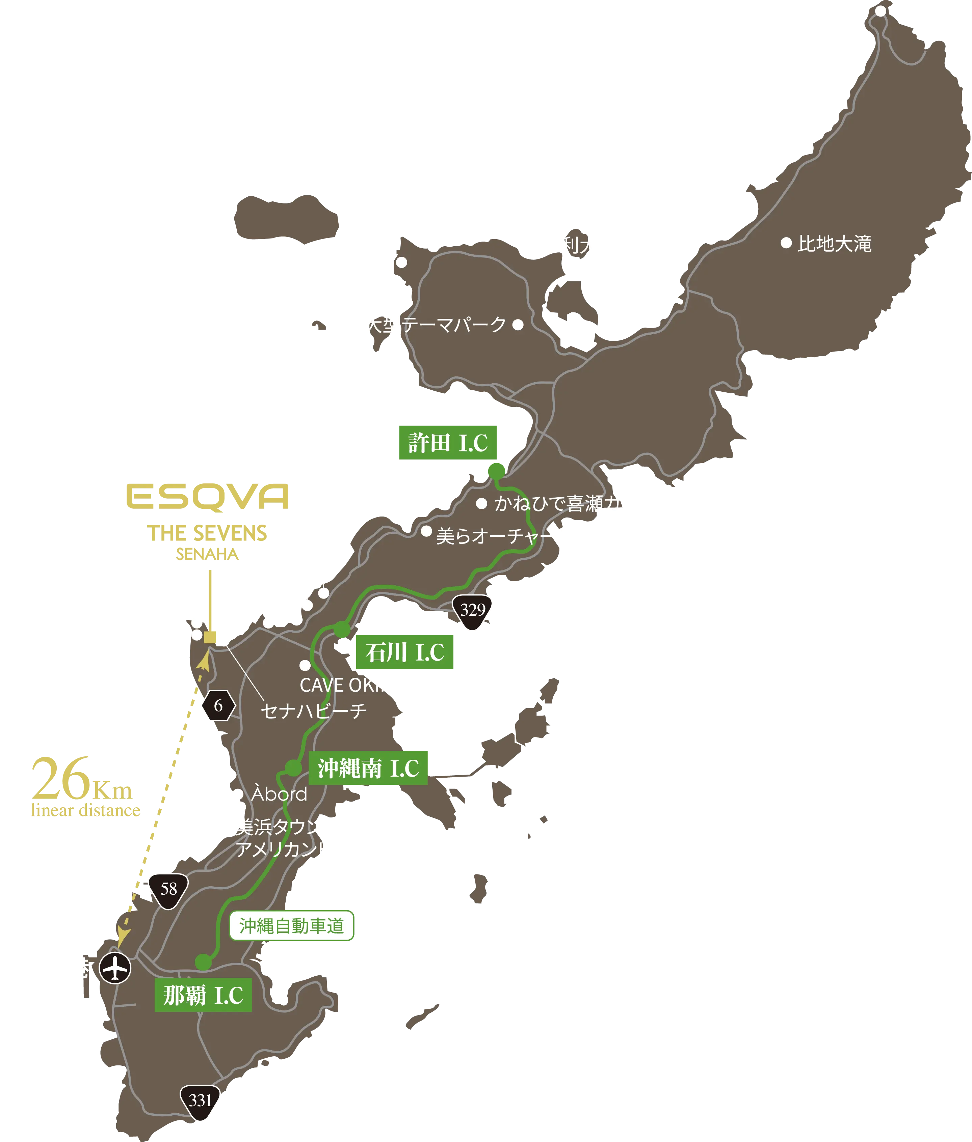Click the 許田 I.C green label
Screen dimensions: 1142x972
(x=447, y=442)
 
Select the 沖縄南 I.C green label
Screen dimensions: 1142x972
(x=368, y=768)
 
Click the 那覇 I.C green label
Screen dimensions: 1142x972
(x=203, y=995)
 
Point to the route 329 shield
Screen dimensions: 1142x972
(x=472, y=610)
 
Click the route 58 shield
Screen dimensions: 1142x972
(x=168, y=889)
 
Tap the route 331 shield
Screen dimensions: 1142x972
(x=200, y=1100)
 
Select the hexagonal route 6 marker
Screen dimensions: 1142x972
(x=218, y=705)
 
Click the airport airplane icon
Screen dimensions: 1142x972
(x=115, y=968)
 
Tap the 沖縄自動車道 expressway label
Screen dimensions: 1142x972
(x=291, y=926)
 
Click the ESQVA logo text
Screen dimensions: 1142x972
(x=207, y=496)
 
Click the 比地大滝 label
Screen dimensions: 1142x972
(x=834, y=243)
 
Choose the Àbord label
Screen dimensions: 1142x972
(x=279, y=793)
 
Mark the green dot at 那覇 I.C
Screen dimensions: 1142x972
(x=203, y=962)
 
